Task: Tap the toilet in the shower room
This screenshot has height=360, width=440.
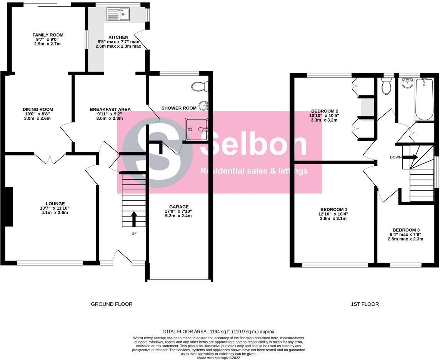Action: tap(199, 87)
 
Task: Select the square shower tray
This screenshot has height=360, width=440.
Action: tap(197, 129)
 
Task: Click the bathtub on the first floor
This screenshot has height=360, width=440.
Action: tap(424, 99)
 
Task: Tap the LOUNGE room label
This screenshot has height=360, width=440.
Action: tap(55, 204)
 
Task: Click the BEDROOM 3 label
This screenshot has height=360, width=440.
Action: tap(405, 230)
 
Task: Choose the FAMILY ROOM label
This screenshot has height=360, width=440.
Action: tap(48, 35)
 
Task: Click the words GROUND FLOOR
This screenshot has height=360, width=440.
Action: tap(112, 304)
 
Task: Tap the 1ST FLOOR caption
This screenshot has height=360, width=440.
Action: tap(365, 304)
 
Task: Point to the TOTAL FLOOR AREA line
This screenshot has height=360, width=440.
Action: tap(218, 332)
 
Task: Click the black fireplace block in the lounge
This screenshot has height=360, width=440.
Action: tap(9, 206)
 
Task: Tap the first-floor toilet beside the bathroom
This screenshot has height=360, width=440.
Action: tap(386, 87)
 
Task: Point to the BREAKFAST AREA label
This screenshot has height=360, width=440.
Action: tap(110, 110)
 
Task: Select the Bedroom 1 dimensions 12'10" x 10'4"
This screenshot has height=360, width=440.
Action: tap(328, 214)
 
